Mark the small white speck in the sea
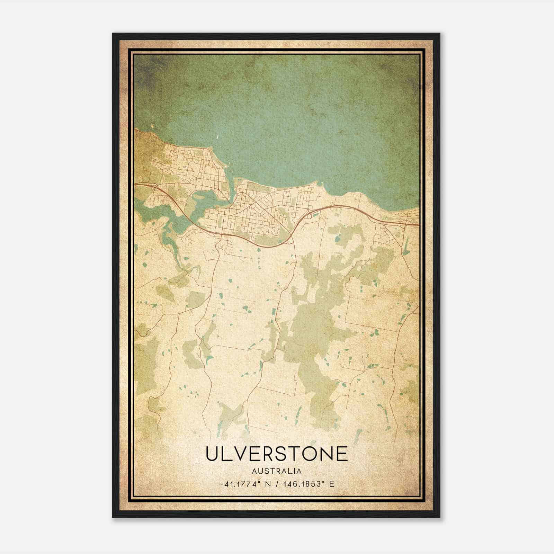coord(217,137)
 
